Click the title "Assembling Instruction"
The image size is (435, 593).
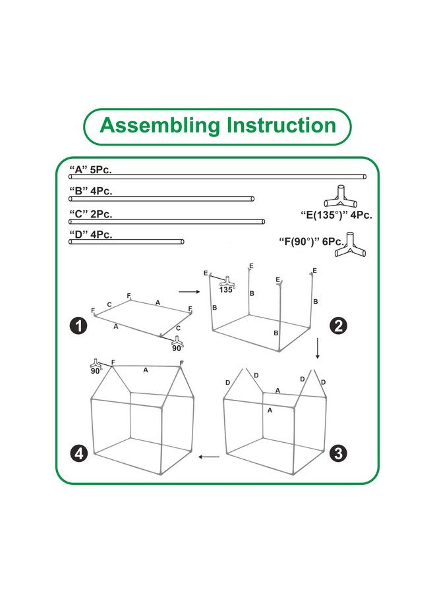coord(217,125)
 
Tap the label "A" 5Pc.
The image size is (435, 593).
coord(91,169)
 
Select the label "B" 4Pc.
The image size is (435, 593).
coord(91,191)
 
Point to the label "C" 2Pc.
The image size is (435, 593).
coord(91,213)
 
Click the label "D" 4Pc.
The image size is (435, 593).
coord(91,234)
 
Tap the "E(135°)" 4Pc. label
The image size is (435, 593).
coord(326,214)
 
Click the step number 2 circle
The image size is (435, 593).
coord(338,325)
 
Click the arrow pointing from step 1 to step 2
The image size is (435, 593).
coord(189,291)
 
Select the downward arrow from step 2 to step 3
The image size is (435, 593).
coord(318,348)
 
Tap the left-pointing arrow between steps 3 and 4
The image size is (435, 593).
coord(209,455)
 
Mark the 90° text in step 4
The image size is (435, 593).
coord(96,371)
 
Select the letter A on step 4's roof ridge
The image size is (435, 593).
coord(145,370)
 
